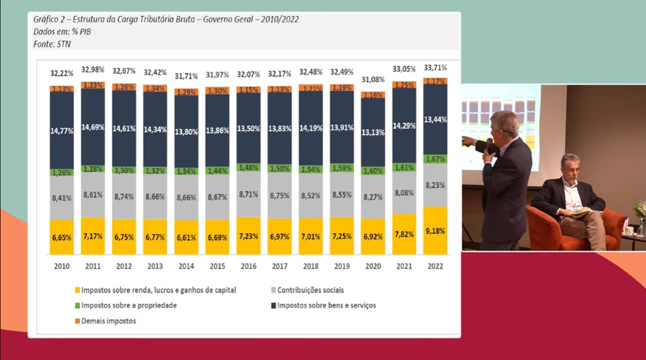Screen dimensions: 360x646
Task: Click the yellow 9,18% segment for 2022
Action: [435, 231]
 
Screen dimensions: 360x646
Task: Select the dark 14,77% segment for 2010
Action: [61, 131]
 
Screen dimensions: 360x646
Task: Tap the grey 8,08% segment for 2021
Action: [404, 193]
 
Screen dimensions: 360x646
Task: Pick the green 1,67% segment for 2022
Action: [435, 159]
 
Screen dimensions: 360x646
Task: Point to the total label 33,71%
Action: [435, 68]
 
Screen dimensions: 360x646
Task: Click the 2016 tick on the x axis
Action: [249, 266]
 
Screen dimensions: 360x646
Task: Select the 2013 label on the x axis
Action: [155, 266]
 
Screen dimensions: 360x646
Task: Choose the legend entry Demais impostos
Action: [106, 321]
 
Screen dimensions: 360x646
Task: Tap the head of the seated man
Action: [570, 166]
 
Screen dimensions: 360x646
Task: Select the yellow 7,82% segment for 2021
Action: [404, 234]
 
